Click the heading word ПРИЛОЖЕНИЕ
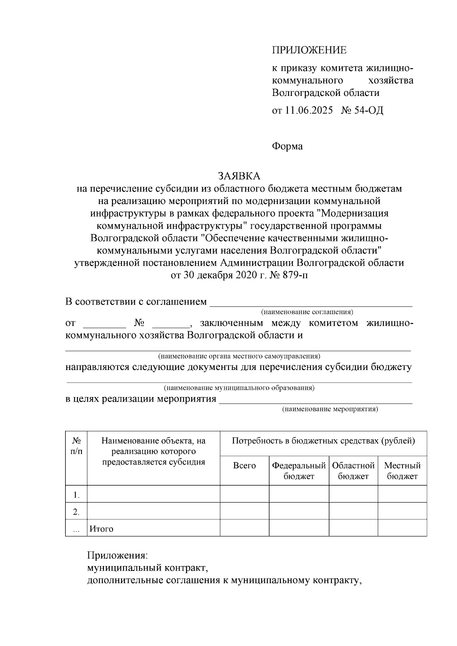point(309,50)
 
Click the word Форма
point(287,146)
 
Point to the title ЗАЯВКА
point(239,176)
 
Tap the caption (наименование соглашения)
point(307,312)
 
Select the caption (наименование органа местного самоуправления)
point(239,356)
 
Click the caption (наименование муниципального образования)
point(239,388)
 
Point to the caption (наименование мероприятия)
point(330,409)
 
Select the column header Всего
point(244,466)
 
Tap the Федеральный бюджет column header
point(299,471)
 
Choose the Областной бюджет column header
point(353,471)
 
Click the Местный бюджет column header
point(402,471)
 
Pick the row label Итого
point(101,529)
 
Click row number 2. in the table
point(76,512)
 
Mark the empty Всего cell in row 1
point(244,494)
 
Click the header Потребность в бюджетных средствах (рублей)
point(323,441)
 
